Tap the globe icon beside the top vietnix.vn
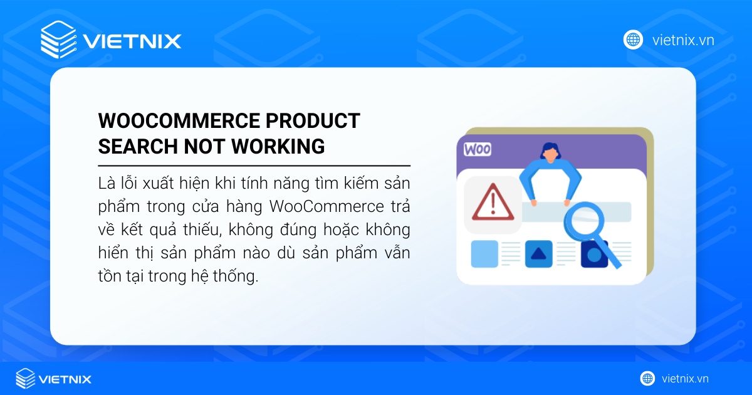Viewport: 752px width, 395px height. (x=633, y=40)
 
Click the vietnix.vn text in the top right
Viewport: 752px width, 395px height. (x=682, y=40)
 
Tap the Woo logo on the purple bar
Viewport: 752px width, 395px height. (x=478, y=150)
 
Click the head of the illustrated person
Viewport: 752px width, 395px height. (x=550, y=152)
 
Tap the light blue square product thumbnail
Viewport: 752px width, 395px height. (x=484, y=254)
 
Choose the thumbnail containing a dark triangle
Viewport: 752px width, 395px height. (x=539, y=254)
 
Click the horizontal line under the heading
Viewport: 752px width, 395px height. (x=254, y=166)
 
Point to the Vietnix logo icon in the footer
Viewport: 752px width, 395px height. (x=26, y=379)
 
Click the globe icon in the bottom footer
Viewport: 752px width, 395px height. (x=647, y=379)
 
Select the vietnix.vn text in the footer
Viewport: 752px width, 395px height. (x=685, y=379)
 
